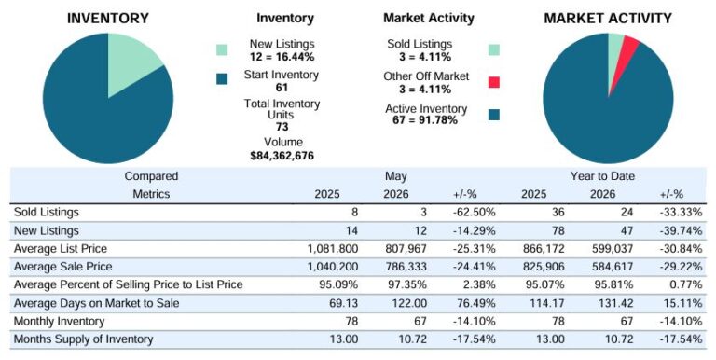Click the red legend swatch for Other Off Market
pyautogui.click(x=493, y=82)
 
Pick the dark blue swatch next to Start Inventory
pyautogui.click(x=222, y=79)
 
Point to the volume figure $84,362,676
pyautogui.click(x=282, y=156)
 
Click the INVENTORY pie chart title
pyautogui.click(x=108, y=19)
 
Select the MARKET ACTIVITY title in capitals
pyautogui.click(x=608, y=19)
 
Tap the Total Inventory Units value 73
pyautogui.click(x=282, y=127)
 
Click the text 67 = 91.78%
pyautogui.click(x=425, y=120)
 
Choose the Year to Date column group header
pyautogui.click(x=602, y=176)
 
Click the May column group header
pyautogui.click(x=395, y=176)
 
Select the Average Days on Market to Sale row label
pyautogui.click(x=96, y=303)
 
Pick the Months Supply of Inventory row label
pyautogui.click(x=83, y=339)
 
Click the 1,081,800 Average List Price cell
pyautogui.click(x=333, y=249)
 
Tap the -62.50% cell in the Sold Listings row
pyautogui.click(x=474, y=213)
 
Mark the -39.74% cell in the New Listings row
pyautogui.click(x=681, y=230)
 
